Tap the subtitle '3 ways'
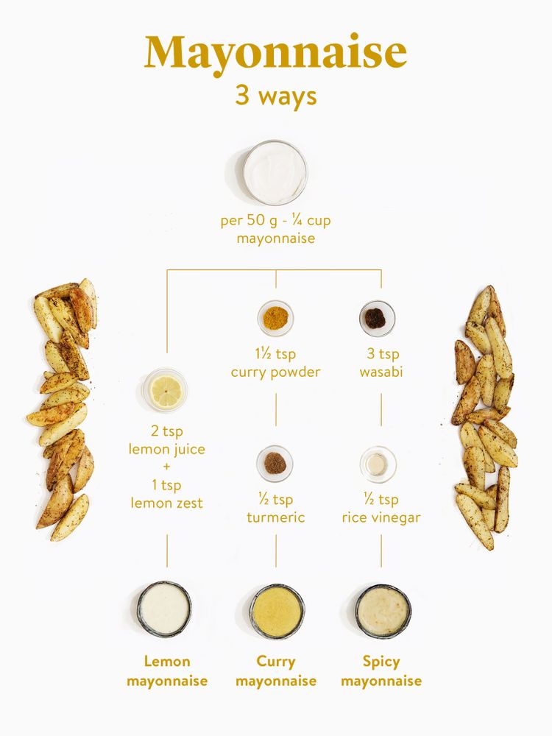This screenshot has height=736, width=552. click(275, 96)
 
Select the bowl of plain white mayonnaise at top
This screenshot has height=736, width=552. click(275, 173)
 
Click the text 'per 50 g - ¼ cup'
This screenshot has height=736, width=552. click(275, 221)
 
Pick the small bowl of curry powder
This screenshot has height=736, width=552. click(275, 318)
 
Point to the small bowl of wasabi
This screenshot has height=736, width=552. click(377, 318)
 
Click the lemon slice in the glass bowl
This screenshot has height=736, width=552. click(166, 390)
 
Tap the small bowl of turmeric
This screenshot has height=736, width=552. click(275, 464)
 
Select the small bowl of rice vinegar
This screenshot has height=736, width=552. click(378, 464)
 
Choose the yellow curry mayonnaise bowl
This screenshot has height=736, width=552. click(277, 611)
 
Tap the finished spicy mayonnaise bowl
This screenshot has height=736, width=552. click(383, 611)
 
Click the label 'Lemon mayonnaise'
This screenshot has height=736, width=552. click(167, 671)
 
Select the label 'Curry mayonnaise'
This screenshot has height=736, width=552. click(276, 671)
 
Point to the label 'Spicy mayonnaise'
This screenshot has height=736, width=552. click(381, 671)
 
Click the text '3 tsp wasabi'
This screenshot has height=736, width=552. click(380, 363)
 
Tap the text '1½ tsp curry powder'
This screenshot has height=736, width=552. click(275, 363)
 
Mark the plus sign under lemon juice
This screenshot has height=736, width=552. click(167, 467)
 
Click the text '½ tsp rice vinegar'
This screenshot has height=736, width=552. click(381, 509)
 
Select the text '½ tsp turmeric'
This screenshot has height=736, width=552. click(275, 509)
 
